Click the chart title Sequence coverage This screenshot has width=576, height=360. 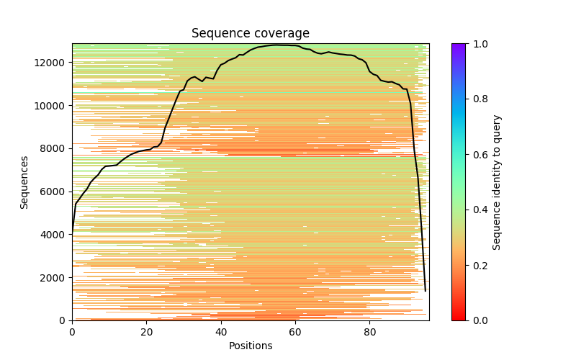[x=250, y=34]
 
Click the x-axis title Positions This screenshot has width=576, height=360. [x=250, y=346]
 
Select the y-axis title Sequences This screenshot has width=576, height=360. [x=24, y=182]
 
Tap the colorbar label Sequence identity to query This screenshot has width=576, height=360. [x=497, y=182]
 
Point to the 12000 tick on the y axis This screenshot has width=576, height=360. [x=53, y=63]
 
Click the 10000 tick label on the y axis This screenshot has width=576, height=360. [x=53, y=106]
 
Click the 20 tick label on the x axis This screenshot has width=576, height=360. [x=146, y=332]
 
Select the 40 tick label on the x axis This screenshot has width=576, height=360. [x=221, y=332]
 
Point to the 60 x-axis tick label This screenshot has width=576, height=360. [x=295, y=332]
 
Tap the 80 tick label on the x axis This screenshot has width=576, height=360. [x=370, y=332]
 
